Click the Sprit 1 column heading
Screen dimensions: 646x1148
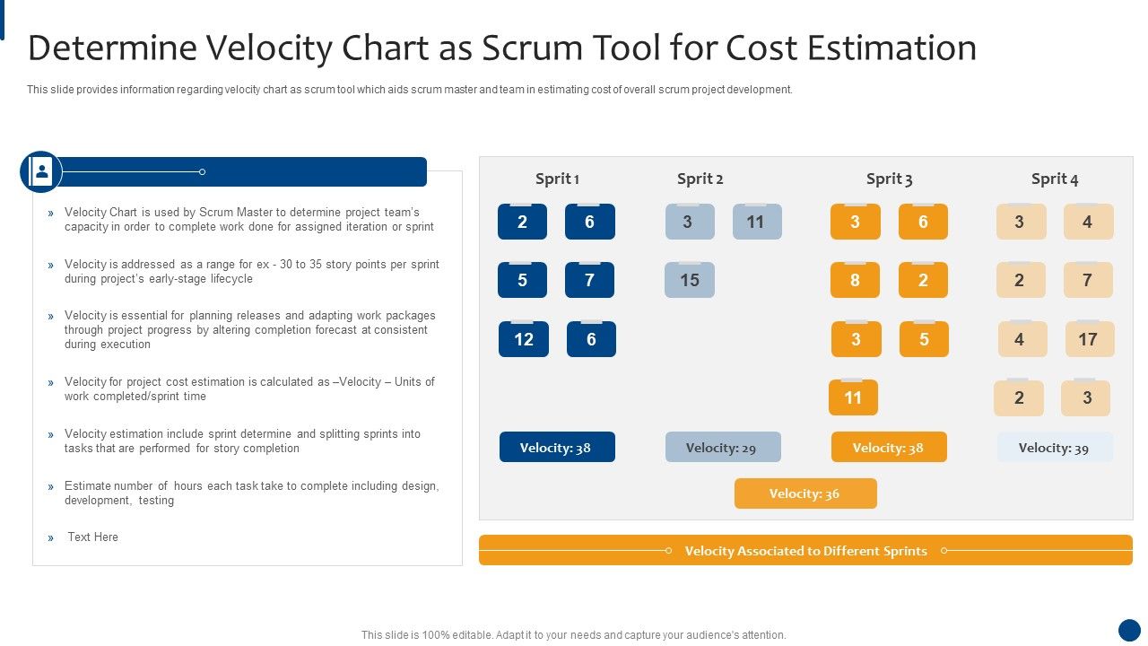click(557, 179)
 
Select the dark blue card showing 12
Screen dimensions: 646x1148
click(524, 339)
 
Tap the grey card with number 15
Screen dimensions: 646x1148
click(689, 280)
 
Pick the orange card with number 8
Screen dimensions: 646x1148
click(855, 280)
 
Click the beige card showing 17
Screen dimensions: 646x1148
click(1088, 339)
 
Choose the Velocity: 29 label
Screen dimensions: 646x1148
click(723, 448)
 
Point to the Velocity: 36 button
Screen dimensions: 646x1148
click(804, 493)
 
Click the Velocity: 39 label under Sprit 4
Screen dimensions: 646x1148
click(1054, 448)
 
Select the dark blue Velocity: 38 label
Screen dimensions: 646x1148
click(556, 448)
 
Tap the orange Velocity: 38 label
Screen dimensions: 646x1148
click(888, 448)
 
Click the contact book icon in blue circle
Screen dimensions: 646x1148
click(41, 171)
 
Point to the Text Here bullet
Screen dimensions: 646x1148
click(92, 537)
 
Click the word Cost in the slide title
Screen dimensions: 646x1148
click(761, 48)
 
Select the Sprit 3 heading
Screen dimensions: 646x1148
click(889, 179)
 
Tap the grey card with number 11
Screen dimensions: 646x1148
click(756, 222)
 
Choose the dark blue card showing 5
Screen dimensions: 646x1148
click(522, 280)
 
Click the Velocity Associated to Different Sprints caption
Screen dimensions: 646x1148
click(805, 551)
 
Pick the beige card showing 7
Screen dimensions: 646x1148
click(1087, 280)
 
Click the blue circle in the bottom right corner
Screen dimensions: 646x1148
click(1129, 630)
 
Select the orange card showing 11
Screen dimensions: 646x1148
click(853, 397)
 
